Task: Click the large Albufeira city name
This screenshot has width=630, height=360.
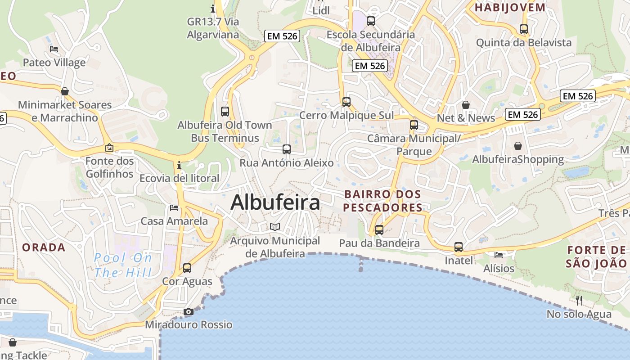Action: click(x=275, y=202)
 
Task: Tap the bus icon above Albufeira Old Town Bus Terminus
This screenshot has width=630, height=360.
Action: click(x=225, y=111)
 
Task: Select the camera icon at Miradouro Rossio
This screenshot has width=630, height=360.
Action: click(x=189, y=311)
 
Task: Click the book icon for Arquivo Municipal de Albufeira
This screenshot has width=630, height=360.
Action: click(x=274, y=227)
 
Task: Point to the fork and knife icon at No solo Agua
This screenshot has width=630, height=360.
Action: click(x=579, y=300)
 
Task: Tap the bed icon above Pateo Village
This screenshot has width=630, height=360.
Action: click(x=54, y=49)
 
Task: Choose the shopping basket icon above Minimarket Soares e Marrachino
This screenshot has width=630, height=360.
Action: click(x=65, y=91)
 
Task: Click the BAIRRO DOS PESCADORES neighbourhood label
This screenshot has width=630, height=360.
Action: click(x=383, y=201)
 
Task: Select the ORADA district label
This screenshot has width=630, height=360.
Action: click(x=44, y=247)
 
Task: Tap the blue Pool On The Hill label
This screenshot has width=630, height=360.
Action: click(x=123, y=265)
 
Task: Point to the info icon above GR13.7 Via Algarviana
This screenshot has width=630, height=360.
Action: click(x=213, y=8)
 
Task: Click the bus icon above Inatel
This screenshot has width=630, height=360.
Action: click(x=459, y=247)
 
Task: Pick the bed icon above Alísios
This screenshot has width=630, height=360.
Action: click(x=499, y=255)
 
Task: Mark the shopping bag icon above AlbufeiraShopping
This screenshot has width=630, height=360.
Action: click(x=518, y=146)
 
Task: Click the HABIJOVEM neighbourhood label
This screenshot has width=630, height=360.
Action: click(x=510, y=7)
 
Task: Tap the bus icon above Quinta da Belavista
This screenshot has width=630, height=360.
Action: click(x=524, y=29)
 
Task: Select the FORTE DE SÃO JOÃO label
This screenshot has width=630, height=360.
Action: click(x=596, y=256)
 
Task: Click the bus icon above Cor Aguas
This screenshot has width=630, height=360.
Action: click(x=187, y=268)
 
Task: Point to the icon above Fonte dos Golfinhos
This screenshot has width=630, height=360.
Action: click(x=109, y=147)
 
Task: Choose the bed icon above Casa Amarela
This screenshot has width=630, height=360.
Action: click(x=174, y=207)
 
